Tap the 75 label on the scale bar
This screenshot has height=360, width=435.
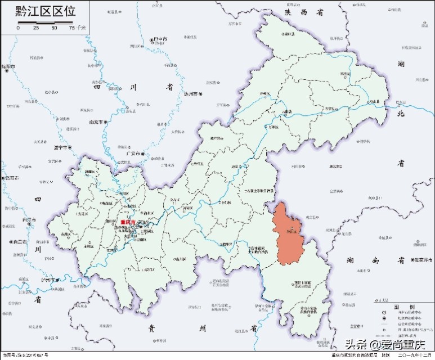tap(71, 28)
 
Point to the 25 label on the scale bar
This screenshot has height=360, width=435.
tap(36, 28)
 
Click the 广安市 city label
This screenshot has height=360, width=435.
tap(133, 153)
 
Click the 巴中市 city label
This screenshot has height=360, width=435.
tap(159, 39)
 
